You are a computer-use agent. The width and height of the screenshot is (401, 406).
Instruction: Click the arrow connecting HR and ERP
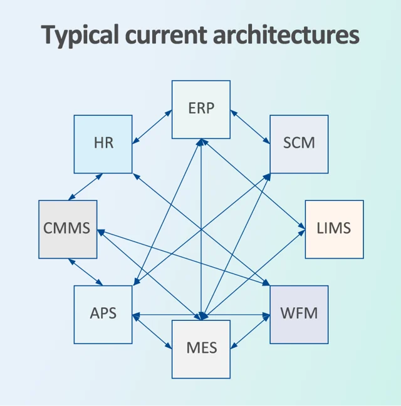click(152, 125)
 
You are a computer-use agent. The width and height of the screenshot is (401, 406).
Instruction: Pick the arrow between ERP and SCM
click(250, 125)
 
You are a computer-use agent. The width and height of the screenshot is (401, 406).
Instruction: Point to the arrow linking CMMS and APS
click(85, 272)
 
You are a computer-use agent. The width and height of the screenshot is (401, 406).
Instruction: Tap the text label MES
click(201, 348)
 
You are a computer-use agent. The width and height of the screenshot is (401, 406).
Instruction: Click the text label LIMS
click(334, 228)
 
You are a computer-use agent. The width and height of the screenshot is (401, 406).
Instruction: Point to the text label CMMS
click(67, 228)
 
